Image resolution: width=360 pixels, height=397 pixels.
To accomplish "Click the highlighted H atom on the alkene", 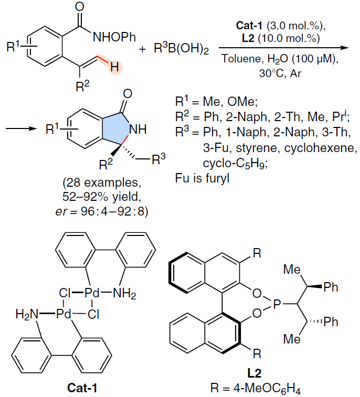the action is [x=114, y=67].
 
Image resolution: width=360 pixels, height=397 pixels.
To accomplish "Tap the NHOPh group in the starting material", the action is [x=114, y=37].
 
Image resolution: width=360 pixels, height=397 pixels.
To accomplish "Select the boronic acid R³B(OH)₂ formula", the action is [x=181, y=48].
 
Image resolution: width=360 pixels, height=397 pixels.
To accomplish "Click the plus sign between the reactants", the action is [x=142, y=49].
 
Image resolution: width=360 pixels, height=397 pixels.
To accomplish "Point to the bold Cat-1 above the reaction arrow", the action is [x=249, y=25].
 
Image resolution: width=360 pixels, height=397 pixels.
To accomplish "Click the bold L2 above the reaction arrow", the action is [x=248, y=38].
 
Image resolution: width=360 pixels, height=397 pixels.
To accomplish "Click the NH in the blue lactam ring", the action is [x=138, y=130].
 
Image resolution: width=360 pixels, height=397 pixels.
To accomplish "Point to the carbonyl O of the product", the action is [x=128, y=94].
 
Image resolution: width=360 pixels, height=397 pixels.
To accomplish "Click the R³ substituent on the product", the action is [x=158, y=159].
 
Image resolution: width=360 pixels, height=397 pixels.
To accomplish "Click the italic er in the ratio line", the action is [x=61, y=212].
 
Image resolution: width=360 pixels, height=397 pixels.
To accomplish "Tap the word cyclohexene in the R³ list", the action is [x=320, y=148].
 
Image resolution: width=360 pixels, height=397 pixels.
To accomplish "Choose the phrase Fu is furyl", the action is [x=202, y=178].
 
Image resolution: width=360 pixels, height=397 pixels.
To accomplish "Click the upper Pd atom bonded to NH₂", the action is [x=92, y=294].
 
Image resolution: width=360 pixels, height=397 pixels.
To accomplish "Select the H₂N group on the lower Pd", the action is [x=26, y=315].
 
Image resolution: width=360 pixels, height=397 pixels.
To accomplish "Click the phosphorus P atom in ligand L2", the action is [x=277, y=304].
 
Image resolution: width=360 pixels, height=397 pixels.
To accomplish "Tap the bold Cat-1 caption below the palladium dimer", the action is [x=82, y=388].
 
